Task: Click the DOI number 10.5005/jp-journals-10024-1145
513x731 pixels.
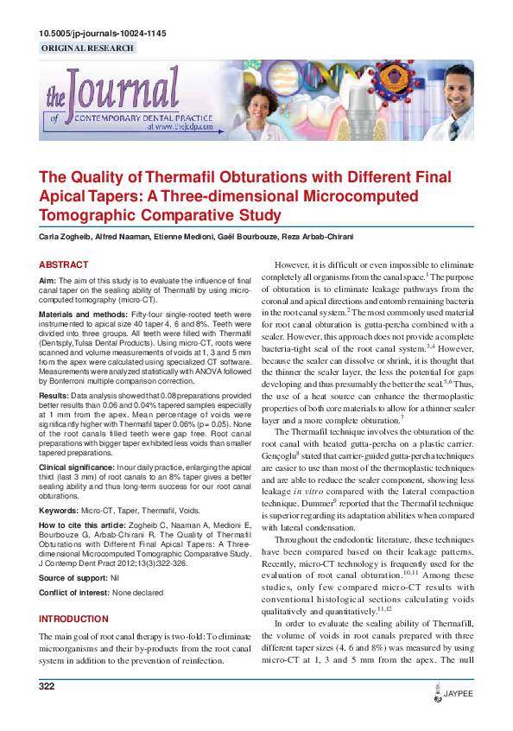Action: click(103, 34)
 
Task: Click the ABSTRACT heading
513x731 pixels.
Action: click(63, 264)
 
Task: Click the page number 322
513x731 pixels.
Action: click(47, 687)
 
